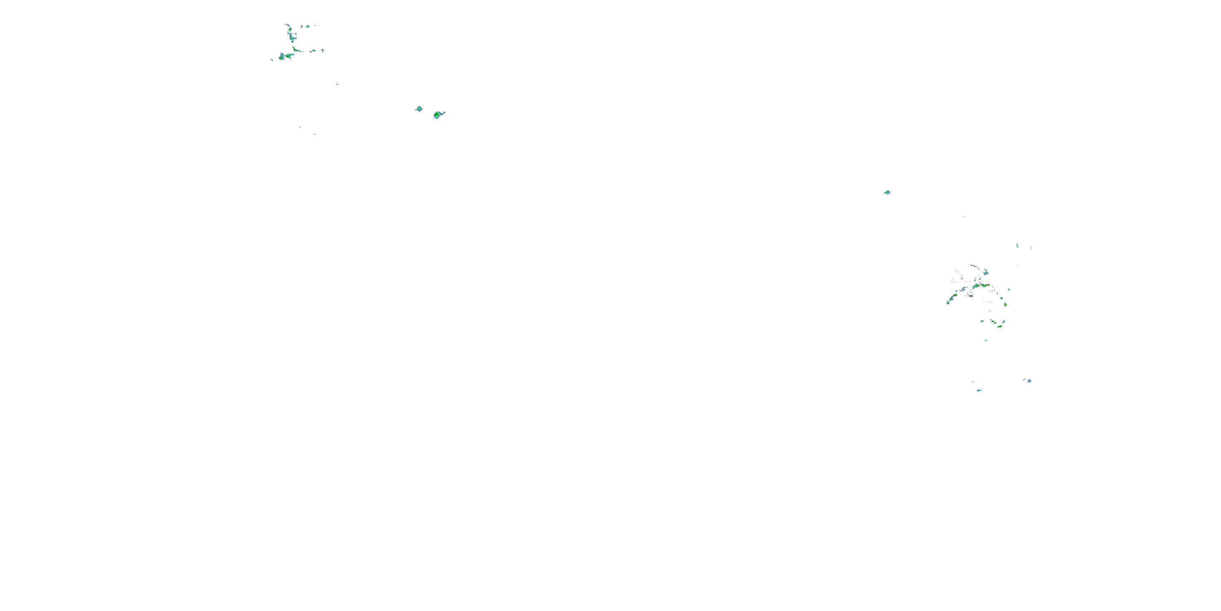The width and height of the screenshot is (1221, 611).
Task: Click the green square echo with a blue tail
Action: click(x=437, y=115)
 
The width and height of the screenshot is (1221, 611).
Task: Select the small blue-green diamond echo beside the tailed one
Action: click(x=418, y=109)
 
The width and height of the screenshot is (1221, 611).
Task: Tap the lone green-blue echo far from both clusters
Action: click(x=887, y=193)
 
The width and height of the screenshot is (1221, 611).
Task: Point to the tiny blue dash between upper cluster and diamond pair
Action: click(x=337, y=84)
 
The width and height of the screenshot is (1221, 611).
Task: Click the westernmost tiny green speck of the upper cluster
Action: click(x=272, y=60)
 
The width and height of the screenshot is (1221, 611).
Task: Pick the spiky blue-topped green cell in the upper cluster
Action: click(x=282, y=57)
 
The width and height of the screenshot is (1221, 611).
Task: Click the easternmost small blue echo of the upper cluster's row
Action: click(x=322, y=50)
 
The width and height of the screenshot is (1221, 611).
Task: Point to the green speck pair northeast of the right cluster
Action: click(x=1017, y=246)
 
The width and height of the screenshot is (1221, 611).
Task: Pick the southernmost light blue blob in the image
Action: click(x=979, y=390)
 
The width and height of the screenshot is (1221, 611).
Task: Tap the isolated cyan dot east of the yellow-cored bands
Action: click(x=1009, y=289)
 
